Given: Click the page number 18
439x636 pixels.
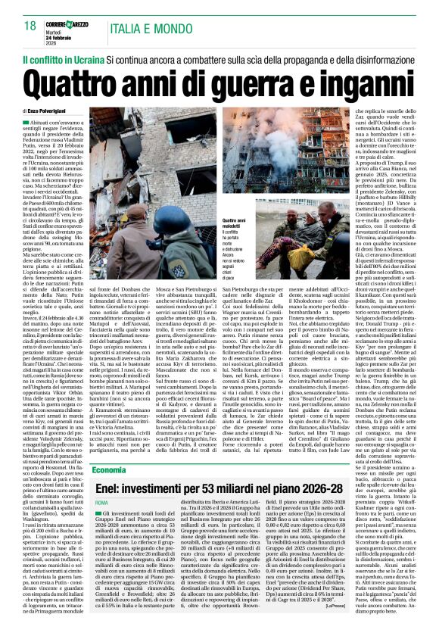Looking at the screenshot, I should [x=30, y=26].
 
